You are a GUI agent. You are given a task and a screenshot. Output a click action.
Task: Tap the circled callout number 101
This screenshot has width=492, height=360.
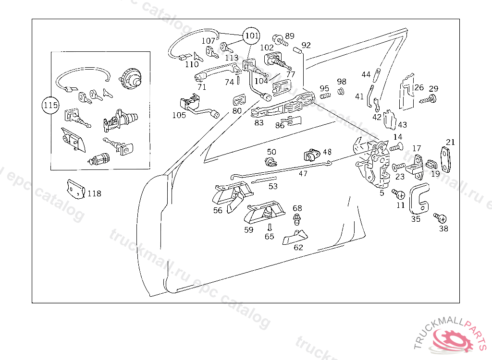[251, 36]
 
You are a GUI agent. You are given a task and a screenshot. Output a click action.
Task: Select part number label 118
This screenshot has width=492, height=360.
[95, 193]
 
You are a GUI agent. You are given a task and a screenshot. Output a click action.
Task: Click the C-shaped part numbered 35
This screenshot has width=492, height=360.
[419, 198]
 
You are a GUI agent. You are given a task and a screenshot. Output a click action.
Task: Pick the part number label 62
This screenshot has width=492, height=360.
[298, 248]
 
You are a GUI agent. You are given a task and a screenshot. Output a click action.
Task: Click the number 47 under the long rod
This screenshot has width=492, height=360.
[303, 174]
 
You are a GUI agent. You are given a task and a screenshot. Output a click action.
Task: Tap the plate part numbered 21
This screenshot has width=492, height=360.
[447, 159]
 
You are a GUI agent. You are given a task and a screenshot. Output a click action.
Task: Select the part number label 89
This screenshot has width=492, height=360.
[290, 36]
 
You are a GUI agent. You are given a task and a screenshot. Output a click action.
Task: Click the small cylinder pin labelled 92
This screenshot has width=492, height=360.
[296, 48]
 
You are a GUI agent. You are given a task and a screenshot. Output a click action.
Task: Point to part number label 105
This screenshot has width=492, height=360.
[179, 115]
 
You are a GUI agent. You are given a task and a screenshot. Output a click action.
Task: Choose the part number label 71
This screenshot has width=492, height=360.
[202, 87]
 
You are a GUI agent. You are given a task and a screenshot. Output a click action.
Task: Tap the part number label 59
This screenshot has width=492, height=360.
[249, 230]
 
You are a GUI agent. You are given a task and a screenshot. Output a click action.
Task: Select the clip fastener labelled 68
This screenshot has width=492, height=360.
[297, 220]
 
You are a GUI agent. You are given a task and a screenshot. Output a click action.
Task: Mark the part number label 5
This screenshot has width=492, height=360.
[382, 193]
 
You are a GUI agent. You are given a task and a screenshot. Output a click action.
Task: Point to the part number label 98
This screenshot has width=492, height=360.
[342, 82]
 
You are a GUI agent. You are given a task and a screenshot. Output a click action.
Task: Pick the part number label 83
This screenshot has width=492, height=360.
[259, 122]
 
